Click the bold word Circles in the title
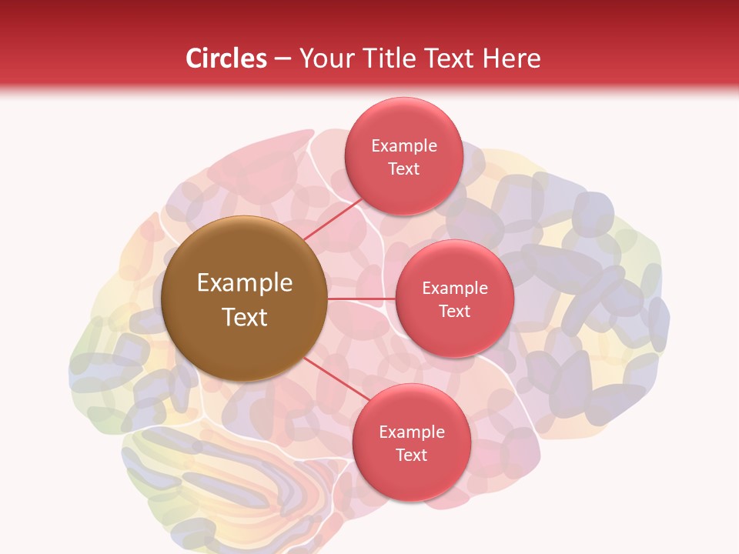(x=226, y=58)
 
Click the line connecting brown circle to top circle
(x=333, y=219)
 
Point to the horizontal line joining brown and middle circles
(x=361, y=299)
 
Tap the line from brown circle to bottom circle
(x=334, y=379)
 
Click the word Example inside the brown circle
(x=245, y=283)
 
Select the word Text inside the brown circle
(x=245, y=317)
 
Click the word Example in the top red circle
(x=404, y=146)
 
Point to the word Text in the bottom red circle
(x=411, y=455)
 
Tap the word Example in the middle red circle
(x=455, y=289)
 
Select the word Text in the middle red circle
(x=455, y=311)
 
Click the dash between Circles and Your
(x=283, y=59)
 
